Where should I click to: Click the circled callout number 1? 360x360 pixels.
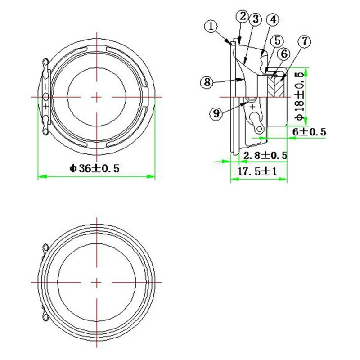(x=211, y=27)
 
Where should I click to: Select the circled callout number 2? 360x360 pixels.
(x=243, y=17)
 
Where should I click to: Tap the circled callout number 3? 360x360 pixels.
(x=255, y=19)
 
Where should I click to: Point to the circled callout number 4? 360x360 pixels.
(x=273, y=20)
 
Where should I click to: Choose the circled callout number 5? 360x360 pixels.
(x=277, y=41)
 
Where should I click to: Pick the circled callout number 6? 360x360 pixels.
(x=284, y=54)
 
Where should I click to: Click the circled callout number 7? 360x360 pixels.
(x=305, y=41)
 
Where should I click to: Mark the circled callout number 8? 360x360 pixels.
(x=207, y=82)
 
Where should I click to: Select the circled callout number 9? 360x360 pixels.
(x=216, y=113)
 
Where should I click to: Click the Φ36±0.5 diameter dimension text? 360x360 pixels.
(x=94, y=168)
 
